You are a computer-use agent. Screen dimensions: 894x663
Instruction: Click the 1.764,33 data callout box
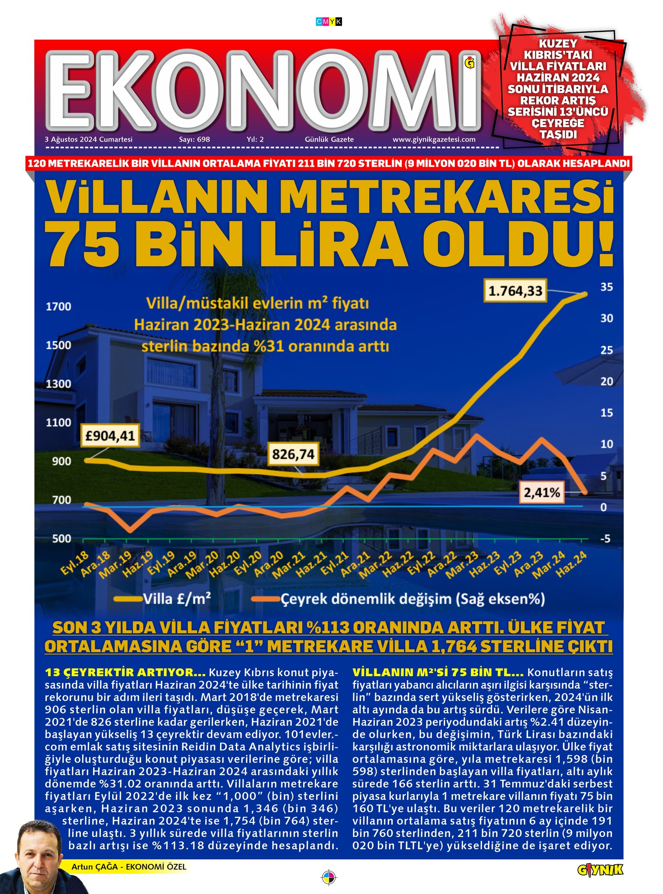[x=515, y=291]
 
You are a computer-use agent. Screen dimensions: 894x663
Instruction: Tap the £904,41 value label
[x=110, y=435]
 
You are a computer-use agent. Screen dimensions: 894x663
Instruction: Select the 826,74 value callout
[x=293, y=454]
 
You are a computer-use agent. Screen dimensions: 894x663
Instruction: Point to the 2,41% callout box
[x=542, y=493]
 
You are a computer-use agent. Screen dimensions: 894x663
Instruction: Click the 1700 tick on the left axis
[x=59, y=306]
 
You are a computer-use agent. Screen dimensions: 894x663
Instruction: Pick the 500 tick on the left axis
[x=62, y=539]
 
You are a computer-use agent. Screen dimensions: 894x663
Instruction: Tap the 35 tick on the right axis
[x=606, y=287]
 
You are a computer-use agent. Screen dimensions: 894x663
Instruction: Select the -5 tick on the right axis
[x=604, y=539]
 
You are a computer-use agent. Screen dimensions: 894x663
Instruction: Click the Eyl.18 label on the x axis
[x=75, y=564]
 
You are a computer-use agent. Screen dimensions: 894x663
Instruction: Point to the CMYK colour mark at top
[x=328, y=21]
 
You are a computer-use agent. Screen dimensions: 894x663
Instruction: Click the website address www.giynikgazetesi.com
[x=434, y=140]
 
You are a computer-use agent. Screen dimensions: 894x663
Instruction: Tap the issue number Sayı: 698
[x=194, y=140]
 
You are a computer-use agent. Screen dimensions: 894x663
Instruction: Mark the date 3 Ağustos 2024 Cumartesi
[x=89, y=140]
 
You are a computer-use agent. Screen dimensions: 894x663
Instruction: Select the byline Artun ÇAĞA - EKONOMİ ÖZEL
[x=129, y=867]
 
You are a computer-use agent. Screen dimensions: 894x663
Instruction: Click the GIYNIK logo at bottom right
[x=600, y=870]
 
